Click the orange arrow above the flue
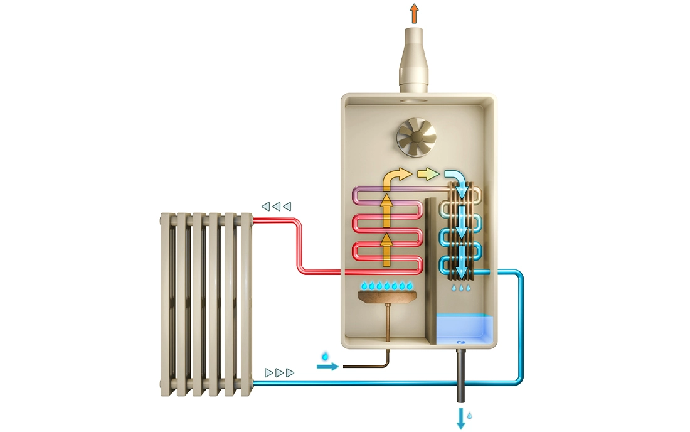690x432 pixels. click(x=413, y=13)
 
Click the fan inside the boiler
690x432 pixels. click(x=414, y=139)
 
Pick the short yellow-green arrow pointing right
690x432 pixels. click(x=428, y=174)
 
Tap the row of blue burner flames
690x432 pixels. click(x=386, y=286)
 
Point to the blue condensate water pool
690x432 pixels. click(x=465, y=327)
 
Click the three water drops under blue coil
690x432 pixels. click(x=462, y=288)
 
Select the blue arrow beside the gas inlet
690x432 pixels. click(x=327, y=366)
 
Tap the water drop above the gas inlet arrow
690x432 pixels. click(x=325, y=356)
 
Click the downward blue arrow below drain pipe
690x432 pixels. click(x=461, y=418)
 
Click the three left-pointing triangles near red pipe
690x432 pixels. click(x=277, y=206)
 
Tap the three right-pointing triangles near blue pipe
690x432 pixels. click(x=280, y=373)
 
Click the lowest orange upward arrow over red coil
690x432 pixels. click(x=386, y=248)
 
